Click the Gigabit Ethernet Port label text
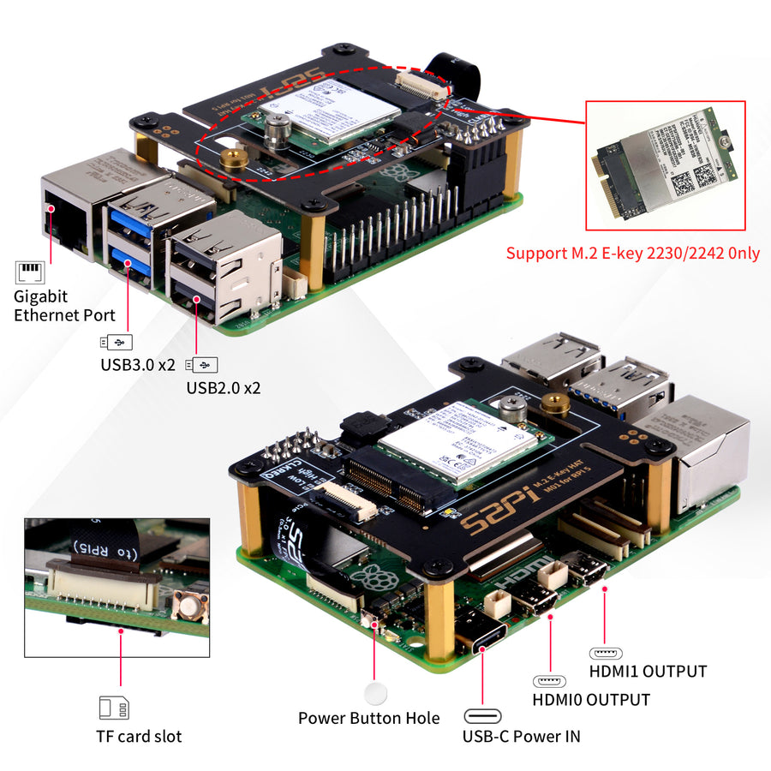[64, 305]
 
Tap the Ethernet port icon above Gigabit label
[29, 273]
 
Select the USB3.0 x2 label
[137, 364]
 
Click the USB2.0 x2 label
[223, 387]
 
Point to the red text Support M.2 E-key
[632, 254]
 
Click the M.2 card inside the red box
[664, 164]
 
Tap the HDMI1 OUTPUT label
[648, 671]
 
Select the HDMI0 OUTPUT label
[591, 699]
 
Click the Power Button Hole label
[368, 718]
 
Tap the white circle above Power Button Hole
[375, 693]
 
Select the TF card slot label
[139, 736]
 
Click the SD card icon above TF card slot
[114, 708]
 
